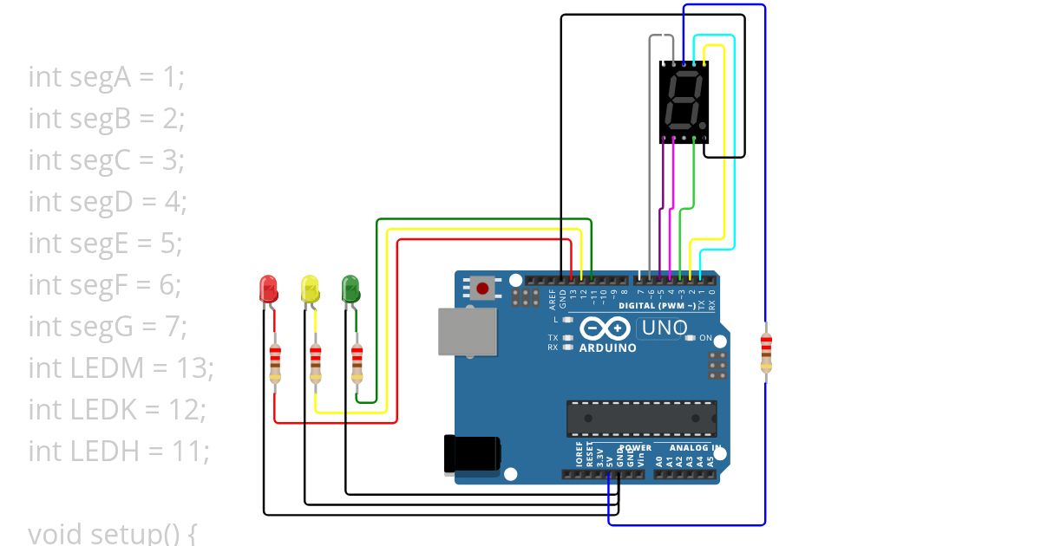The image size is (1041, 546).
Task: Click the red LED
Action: tap(268, 288)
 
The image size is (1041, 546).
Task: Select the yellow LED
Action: tap(310, 288)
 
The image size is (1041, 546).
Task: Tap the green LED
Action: tap(350, 288)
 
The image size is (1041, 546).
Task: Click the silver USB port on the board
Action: tap(468, 331)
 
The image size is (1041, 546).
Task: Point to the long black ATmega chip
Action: tap(642, 419)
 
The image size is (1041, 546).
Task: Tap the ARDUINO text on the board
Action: tap(608, 348)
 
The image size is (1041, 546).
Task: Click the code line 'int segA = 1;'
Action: tap(106, 77)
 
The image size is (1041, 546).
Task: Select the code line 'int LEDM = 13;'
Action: tap(121, 368)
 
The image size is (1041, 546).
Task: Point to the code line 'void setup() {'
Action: tap(112, 533)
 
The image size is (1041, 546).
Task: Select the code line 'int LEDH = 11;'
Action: tap(119, 452)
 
